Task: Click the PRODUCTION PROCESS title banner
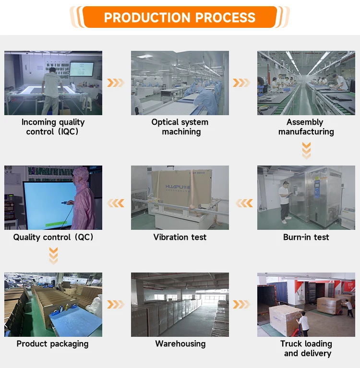pos(180,18)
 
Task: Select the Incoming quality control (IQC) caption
pos(53,127)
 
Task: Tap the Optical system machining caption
pos(180,127)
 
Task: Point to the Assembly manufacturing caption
pos(306,127)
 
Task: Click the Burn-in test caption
pos(306,237)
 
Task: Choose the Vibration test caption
pos(180,237)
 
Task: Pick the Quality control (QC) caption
pos(53,237)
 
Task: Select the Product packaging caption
pos(52,344)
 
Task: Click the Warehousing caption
pos(180,344)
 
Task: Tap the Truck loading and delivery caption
pos(306,348)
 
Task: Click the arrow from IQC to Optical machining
pos(115,83)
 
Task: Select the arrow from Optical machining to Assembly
pos(241,83)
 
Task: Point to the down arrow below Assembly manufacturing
pos(306,150)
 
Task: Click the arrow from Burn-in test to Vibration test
pos(244,203)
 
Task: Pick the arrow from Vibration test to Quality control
pos(116,203)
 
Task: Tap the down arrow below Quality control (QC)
pos(53,255)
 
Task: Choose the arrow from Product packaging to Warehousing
pos(115,304)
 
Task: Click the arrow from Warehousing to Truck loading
pos(241,304)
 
